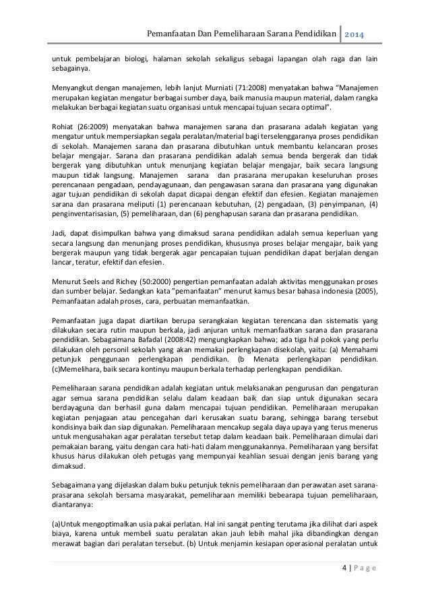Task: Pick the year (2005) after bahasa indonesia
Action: [363, 291]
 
